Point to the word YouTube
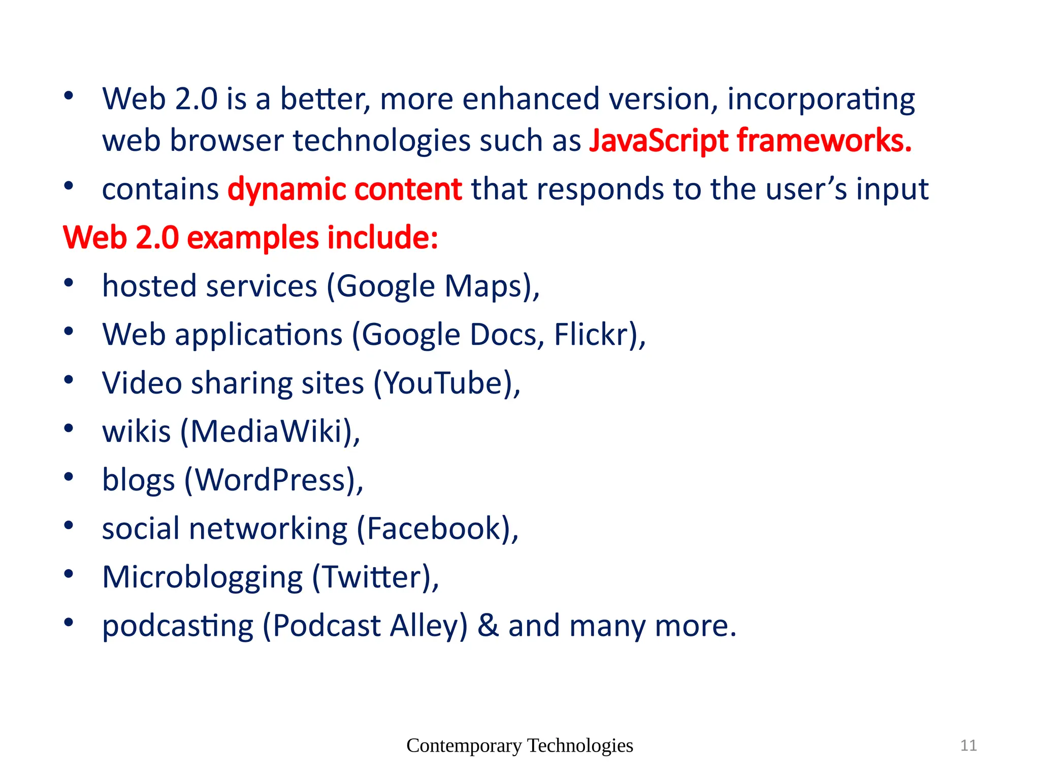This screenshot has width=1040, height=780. [442, 383]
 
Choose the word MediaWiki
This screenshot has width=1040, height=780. [266, 432]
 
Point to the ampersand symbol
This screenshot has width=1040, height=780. [488, 626]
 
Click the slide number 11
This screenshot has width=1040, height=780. [968, 745]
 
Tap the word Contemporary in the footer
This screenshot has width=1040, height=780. [464, 746]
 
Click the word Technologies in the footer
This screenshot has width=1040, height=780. [580, 745]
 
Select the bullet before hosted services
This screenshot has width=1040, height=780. [69, 283]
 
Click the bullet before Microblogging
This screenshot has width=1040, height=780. [69, 574]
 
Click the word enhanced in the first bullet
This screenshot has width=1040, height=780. [531, 99]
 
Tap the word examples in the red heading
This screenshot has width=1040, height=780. [252, 238]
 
